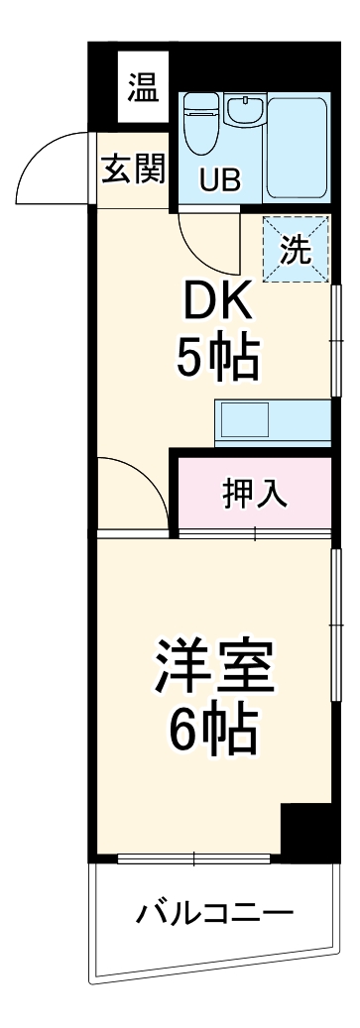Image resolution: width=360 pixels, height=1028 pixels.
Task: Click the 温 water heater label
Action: click(x=142, y=90)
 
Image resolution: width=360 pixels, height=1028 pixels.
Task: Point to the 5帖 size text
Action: click(x=217, y=359)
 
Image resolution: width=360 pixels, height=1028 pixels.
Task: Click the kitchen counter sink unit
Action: click(x=272, y=421)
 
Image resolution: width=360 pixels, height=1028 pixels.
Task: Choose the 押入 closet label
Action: click(x=255, y=493)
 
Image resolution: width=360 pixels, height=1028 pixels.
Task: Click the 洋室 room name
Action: click(x=212, y=670)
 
